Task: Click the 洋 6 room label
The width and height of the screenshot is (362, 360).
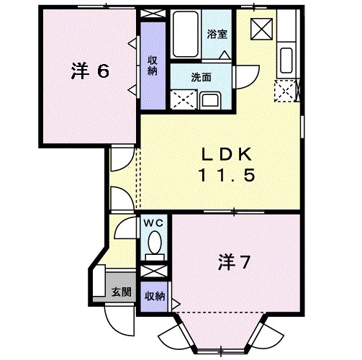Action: (90, 71)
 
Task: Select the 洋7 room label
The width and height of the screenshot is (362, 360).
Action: (234, 263)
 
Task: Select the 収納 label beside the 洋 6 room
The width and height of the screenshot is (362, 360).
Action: (153, 65)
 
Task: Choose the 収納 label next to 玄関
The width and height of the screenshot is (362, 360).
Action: (153, 295)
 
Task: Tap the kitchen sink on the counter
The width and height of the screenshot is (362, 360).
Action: (284, 57)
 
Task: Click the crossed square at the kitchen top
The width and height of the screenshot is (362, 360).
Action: (260, 29)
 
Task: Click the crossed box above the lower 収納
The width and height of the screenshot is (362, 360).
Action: (153, 272)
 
